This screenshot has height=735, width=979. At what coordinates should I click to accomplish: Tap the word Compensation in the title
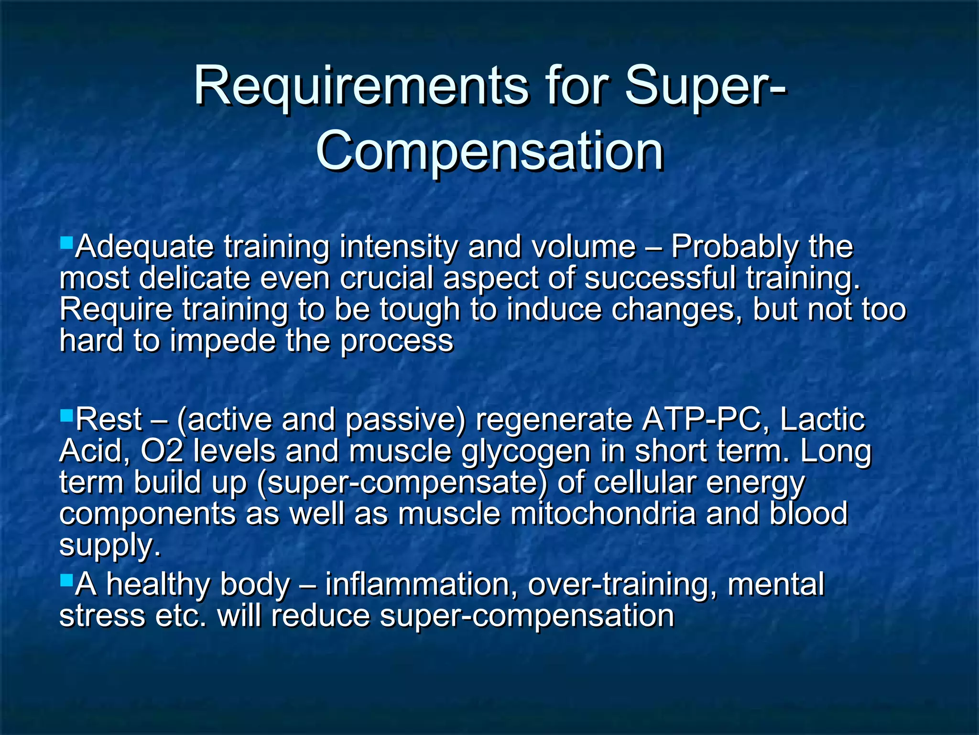tap(489, 152)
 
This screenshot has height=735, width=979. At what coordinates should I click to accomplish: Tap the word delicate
tap(195, 278)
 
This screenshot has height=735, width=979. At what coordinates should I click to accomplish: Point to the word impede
tap(223, 342)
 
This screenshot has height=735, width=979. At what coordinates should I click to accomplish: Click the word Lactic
tap(822, 420)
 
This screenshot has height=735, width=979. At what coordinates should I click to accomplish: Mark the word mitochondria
tap(603, 513)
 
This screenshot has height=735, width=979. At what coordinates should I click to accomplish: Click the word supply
tap(109, 546)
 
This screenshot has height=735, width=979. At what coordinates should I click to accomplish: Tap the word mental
tap(776, 585)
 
